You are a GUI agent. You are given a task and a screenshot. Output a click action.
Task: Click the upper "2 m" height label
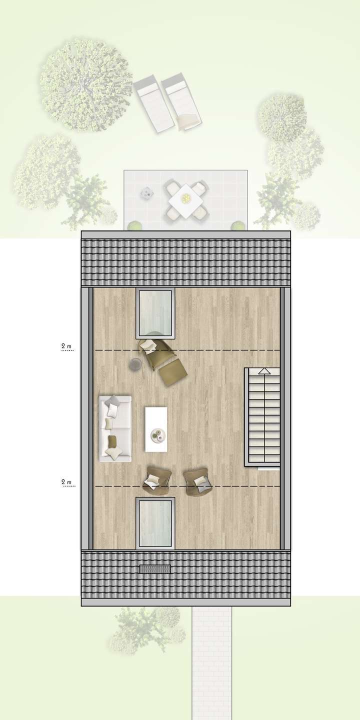(x=66, y=346)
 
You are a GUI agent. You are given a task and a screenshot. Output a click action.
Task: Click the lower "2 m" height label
(x=66, y=482)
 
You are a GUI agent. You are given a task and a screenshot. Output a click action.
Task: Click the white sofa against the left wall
(x=115, y=428)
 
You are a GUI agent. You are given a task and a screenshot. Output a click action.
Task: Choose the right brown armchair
(x=197, y=480)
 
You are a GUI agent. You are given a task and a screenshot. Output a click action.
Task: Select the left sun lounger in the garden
(x=151, y=103)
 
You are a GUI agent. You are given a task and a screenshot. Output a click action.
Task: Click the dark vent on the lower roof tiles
(x=155, y=569)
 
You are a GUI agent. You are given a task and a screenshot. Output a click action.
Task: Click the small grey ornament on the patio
(x=146, y=191)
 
